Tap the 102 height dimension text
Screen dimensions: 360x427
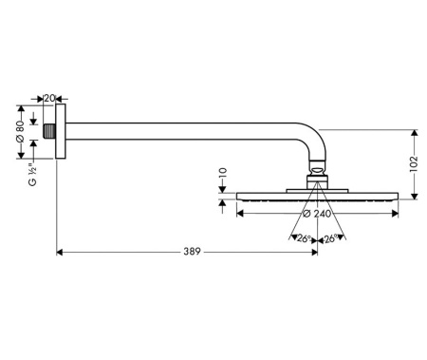coord(414,162)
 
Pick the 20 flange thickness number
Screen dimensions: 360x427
coord(49,98)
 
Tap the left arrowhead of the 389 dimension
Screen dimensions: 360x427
coord(61,253)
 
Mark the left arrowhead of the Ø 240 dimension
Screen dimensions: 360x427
coord(236,214)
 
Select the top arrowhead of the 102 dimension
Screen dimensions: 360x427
coord(414,132)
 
